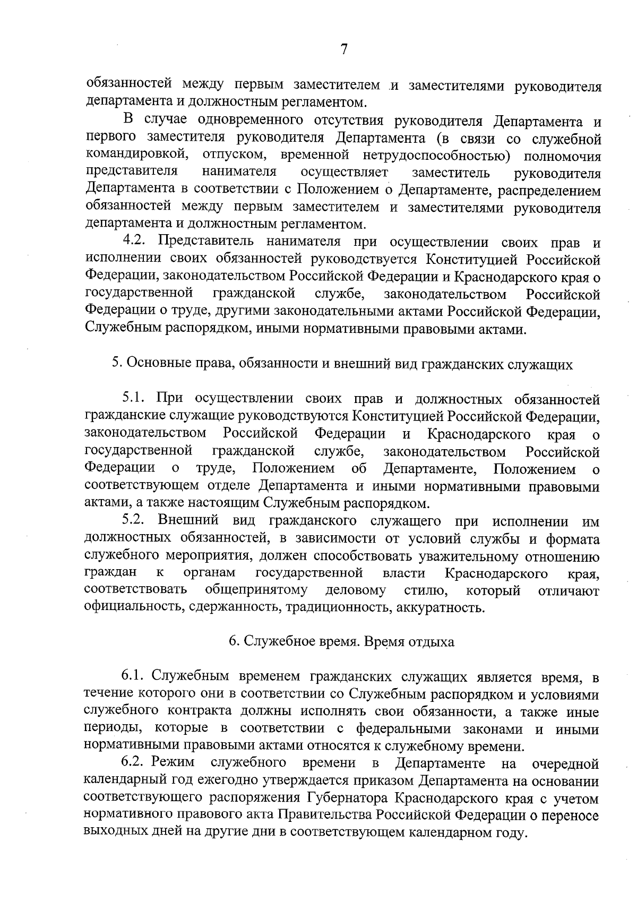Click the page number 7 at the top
(344, 50)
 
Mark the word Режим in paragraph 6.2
(173, 763)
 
